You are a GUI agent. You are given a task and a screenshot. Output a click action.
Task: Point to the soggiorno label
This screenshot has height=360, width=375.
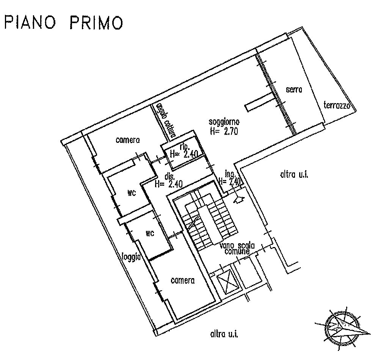[x=224, y=122]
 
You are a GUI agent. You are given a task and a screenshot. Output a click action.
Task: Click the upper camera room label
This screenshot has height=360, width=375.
[x=128, y=140]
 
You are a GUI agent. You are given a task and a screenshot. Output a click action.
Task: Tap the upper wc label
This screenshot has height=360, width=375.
[x=132, y=193]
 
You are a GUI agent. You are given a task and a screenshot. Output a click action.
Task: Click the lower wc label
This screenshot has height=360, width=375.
[x=150, y=233]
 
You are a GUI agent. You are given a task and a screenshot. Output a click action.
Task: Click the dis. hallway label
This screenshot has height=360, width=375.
[x=169, y=177]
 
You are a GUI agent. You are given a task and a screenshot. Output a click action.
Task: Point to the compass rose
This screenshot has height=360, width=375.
[x=341, y=326]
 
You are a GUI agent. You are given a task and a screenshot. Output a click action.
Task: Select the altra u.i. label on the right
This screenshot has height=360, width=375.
[x=293, y=175]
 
